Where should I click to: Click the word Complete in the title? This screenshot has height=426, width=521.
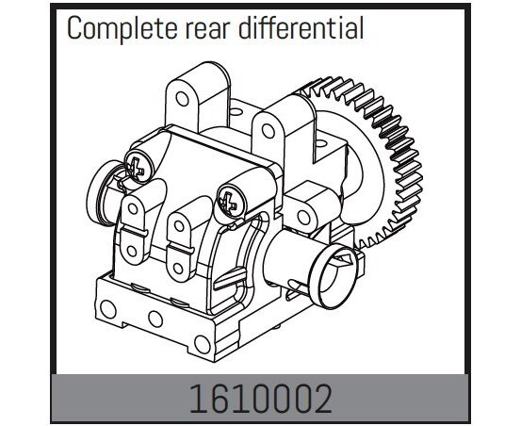122,28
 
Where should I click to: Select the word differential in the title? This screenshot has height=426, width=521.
301,27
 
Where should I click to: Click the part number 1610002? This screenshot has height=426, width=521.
260,399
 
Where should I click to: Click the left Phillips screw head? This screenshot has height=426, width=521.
138,165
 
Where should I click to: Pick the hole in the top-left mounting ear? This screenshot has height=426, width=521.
182,99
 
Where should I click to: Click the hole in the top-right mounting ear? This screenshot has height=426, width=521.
269,131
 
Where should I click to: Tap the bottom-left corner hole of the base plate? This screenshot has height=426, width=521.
108,309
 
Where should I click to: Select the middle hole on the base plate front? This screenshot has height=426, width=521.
155,319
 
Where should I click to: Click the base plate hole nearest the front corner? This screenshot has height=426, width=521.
203,345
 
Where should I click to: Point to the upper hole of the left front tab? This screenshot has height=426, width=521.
133,208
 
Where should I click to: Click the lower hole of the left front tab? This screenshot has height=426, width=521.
132,252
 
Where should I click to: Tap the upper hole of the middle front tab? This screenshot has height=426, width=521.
179,226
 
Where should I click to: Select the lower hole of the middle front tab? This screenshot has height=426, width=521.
178,269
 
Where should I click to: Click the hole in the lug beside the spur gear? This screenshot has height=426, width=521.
304,218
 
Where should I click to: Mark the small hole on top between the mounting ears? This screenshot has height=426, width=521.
236,111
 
